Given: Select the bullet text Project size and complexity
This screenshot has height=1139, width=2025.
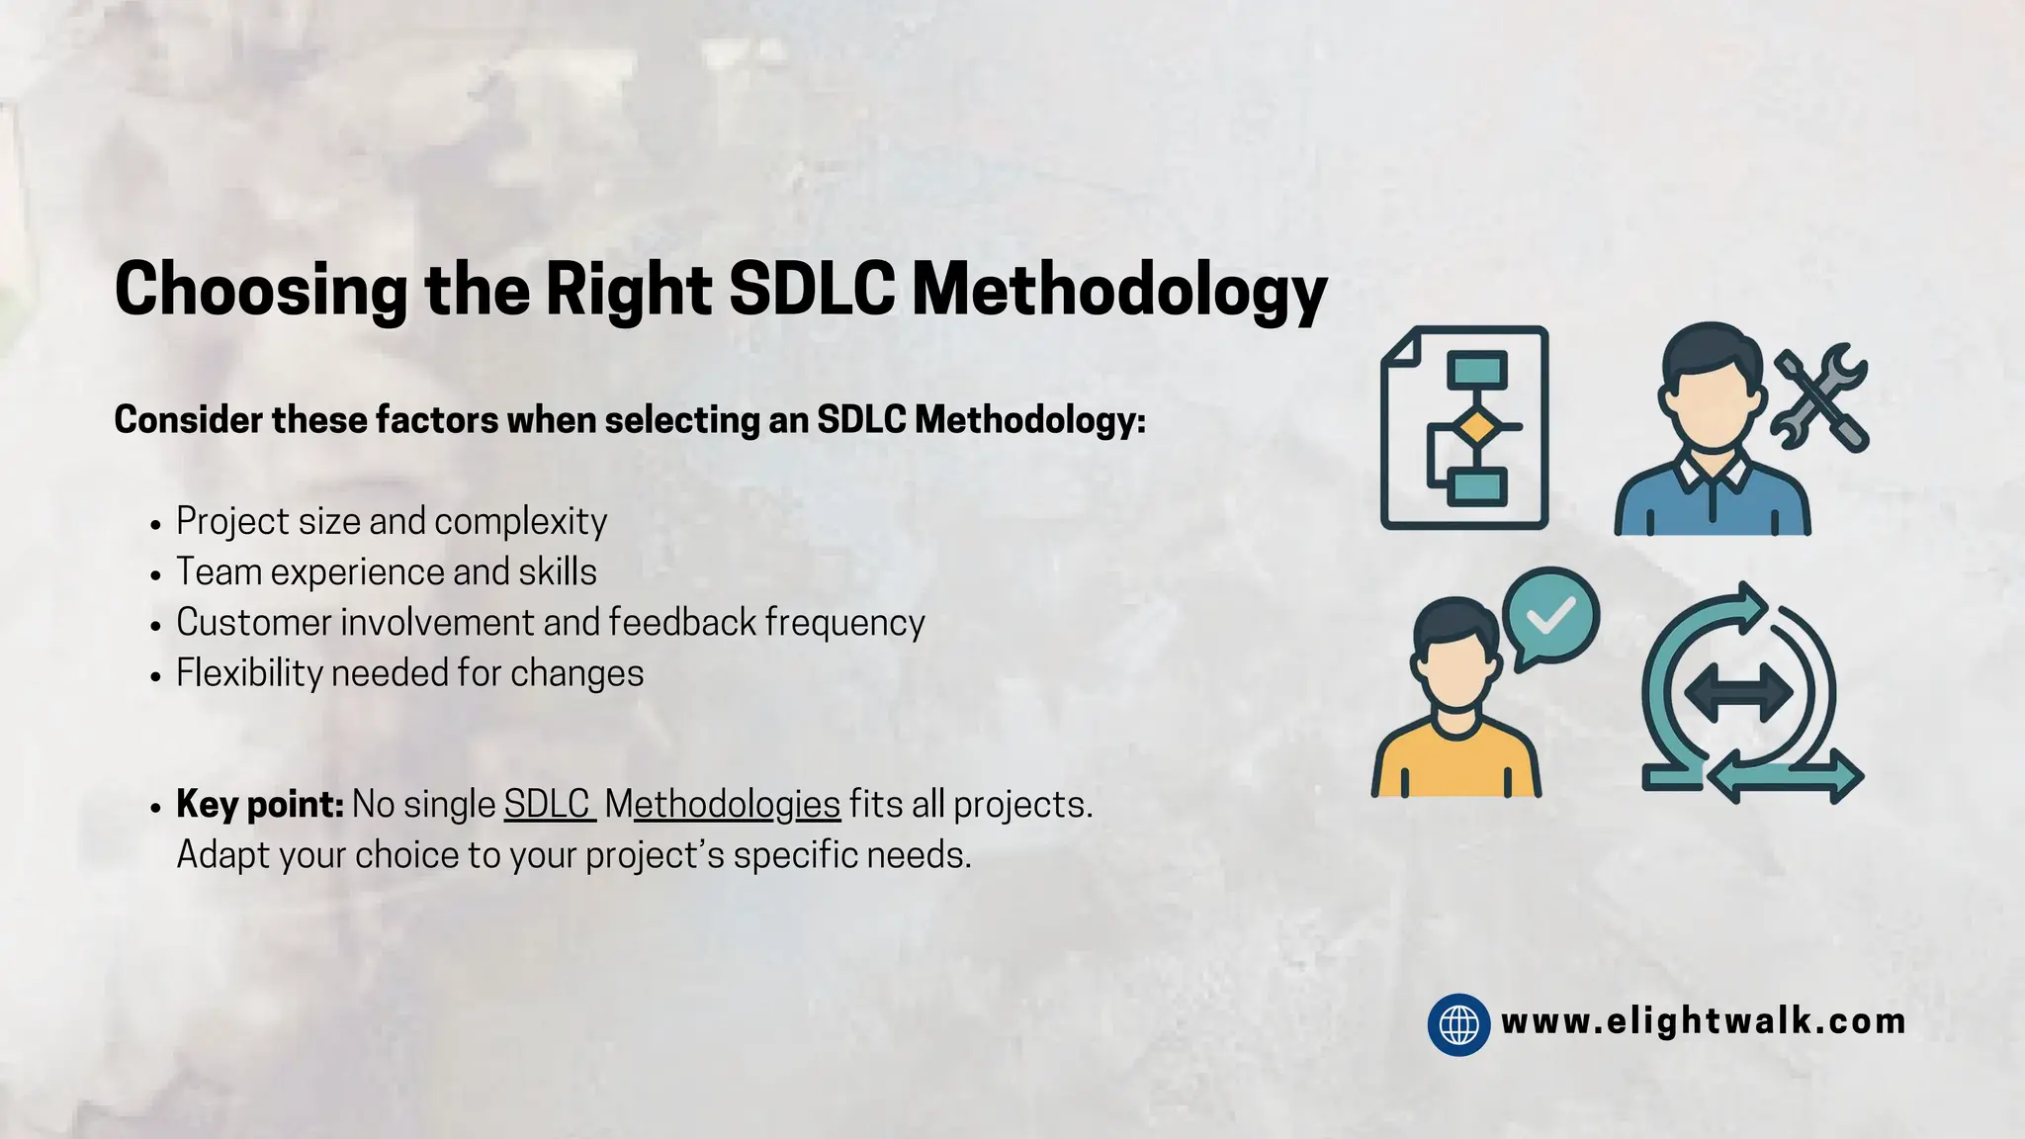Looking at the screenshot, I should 392,522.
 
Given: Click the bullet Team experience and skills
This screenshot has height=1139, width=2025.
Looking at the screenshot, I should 387,572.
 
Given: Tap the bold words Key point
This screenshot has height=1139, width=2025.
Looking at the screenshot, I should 259,805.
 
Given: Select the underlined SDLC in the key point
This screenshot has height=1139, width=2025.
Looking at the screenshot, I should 547,805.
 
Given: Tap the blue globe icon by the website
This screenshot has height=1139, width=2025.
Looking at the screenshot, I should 1458,1024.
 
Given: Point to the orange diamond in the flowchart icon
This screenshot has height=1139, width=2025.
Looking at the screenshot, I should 1475,428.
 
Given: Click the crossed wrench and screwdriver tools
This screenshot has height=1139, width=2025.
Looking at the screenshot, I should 1820,397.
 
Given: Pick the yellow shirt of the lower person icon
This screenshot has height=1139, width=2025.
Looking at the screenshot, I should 1455,763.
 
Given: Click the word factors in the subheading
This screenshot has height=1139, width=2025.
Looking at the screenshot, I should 436,420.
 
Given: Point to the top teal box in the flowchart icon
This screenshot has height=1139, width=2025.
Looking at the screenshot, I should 1477,372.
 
